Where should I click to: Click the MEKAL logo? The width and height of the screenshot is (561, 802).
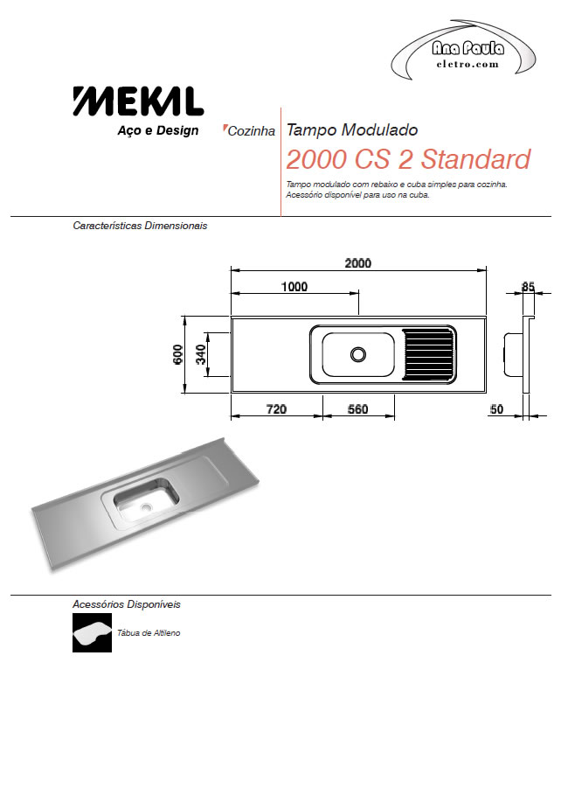tap(138, 101)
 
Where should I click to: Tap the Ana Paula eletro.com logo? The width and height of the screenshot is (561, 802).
tap(463, 51)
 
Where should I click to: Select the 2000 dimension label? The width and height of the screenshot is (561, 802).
tap(357, 263)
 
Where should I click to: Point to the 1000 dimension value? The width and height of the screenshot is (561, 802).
tap(294, 287)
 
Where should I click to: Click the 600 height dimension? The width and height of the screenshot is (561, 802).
tap(177, 354)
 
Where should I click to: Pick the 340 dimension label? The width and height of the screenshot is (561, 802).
tap(201, 354)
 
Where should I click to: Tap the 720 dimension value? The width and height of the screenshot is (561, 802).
tap(276, 409)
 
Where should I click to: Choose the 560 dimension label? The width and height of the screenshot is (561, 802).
tap(357, 409)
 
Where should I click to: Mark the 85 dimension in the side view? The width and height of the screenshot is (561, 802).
tap(528, 287)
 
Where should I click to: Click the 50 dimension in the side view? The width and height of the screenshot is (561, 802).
tap(496, 409)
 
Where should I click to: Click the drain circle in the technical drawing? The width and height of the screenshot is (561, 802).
tap(358, 354)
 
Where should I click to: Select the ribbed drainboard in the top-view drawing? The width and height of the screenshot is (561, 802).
tap(428, 354)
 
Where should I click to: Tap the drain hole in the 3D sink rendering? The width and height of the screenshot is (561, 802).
tap(147, 507)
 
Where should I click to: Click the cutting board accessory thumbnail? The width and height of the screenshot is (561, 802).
tap(92, 632)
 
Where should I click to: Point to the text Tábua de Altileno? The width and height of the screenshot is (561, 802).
tap(149, 632)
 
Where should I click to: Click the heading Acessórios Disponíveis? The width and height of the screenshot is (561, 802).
tap(126, 604)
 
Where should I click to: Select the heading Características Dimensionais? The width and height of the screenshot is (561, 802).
tap(140, 226)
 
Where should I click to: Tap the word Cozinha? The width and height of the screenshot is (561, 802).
tap(251, 131)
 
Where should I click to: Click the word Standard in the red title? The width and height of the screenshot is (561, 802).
tap(475, 159)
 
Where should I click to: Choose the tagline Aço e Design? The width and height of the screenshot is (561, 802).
tap(158, 130)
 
